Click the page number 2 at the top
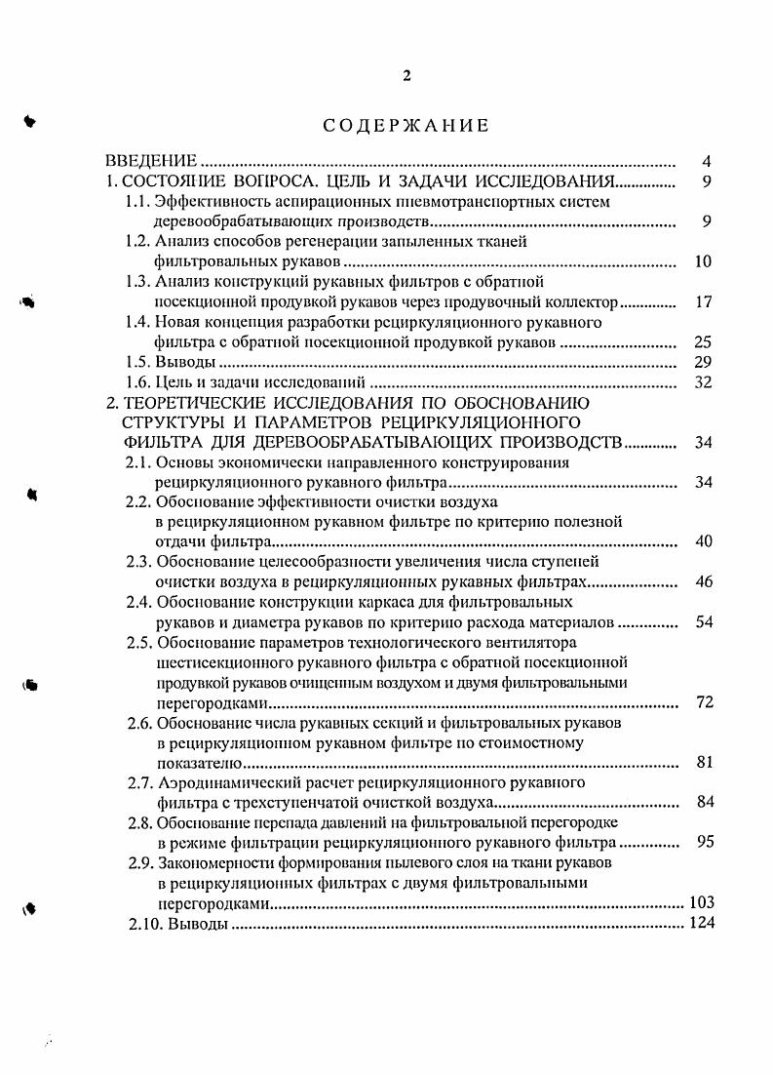pyautogui.click(x=406, y=77)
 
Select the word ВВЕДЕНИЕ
pyautogui.click(x=151, y=161)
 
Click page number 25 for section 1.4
pyautogui.click(x=703, y=342)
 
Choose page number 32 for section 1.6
pyautogui.click(x=703, y=382)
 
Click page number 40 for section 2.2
pyautogui.click(x=703, y=542)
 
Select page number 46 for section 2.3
pyautogui.click(x=703, y=582)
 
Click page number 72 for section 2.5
pyautogui.click(x=703, y=702)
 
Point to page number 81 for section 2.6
pyautogui.click(x=703, y=762)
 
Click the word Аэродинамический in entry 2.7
pyautogui.click(x=219, y=782)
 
